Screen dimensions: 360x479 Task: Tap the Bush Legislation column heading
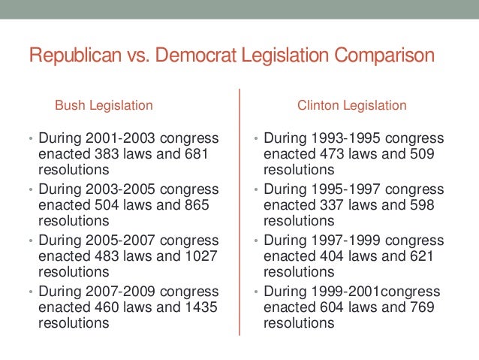tap(104, 105)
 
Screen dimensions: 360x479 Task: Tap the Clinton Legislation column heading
tap(351, 105)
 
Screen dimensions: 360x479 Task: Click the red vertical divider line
tap(239, 210)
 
